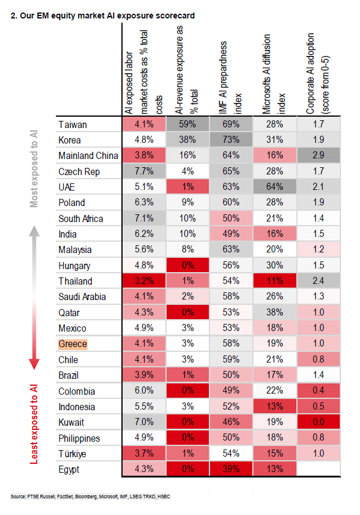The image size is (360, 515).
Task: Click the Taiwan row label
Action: (x=73, y=125)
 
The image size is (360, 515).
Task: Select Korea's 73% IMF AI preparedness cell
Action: (x=231, y=141)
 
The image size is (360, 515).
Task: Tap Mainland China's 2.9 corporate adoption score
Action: (x=318, y=156)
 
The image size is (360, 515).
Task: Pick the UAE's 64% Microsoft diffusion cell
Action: (x=275, y=187)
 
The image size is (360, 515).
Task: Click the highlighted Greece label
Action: (x=73, y=344)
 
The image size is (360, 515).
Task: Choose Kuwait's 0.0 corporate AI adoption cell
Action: (x=318, y=422)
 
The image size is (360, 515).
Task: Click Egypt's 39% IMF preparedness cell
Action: (x=231, y=469)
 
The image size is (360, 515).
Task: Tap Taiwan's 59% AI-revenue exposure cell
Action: (x=187, y=125)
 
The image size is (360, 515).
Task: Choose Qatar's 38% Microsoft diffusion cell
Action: (x=275, y=313)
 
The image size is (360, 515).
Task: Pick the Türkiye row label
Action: (x=72, y=454)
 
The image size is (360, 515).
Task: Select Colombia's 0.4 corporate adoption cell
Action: (x=318, y=391)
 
